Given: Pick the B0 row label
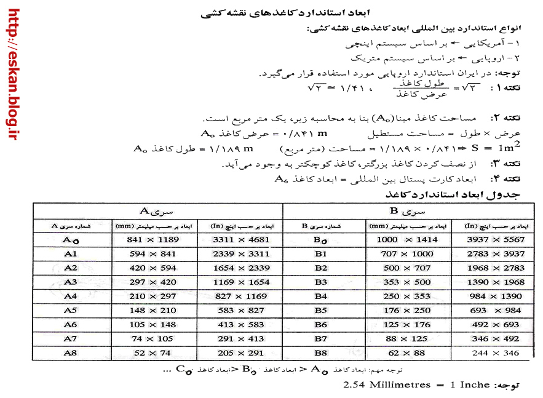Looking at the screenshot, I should (x=320, y=239).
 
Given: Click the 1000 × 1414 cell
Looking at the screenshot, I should (x=406, y=239).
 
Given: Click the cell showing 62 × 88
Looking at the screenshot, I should (x=406, y=352).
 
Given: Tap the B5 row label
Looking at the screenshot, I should (x=320, y=310).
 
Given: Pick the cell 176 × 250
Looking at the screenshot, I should (x=406, y=310).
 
